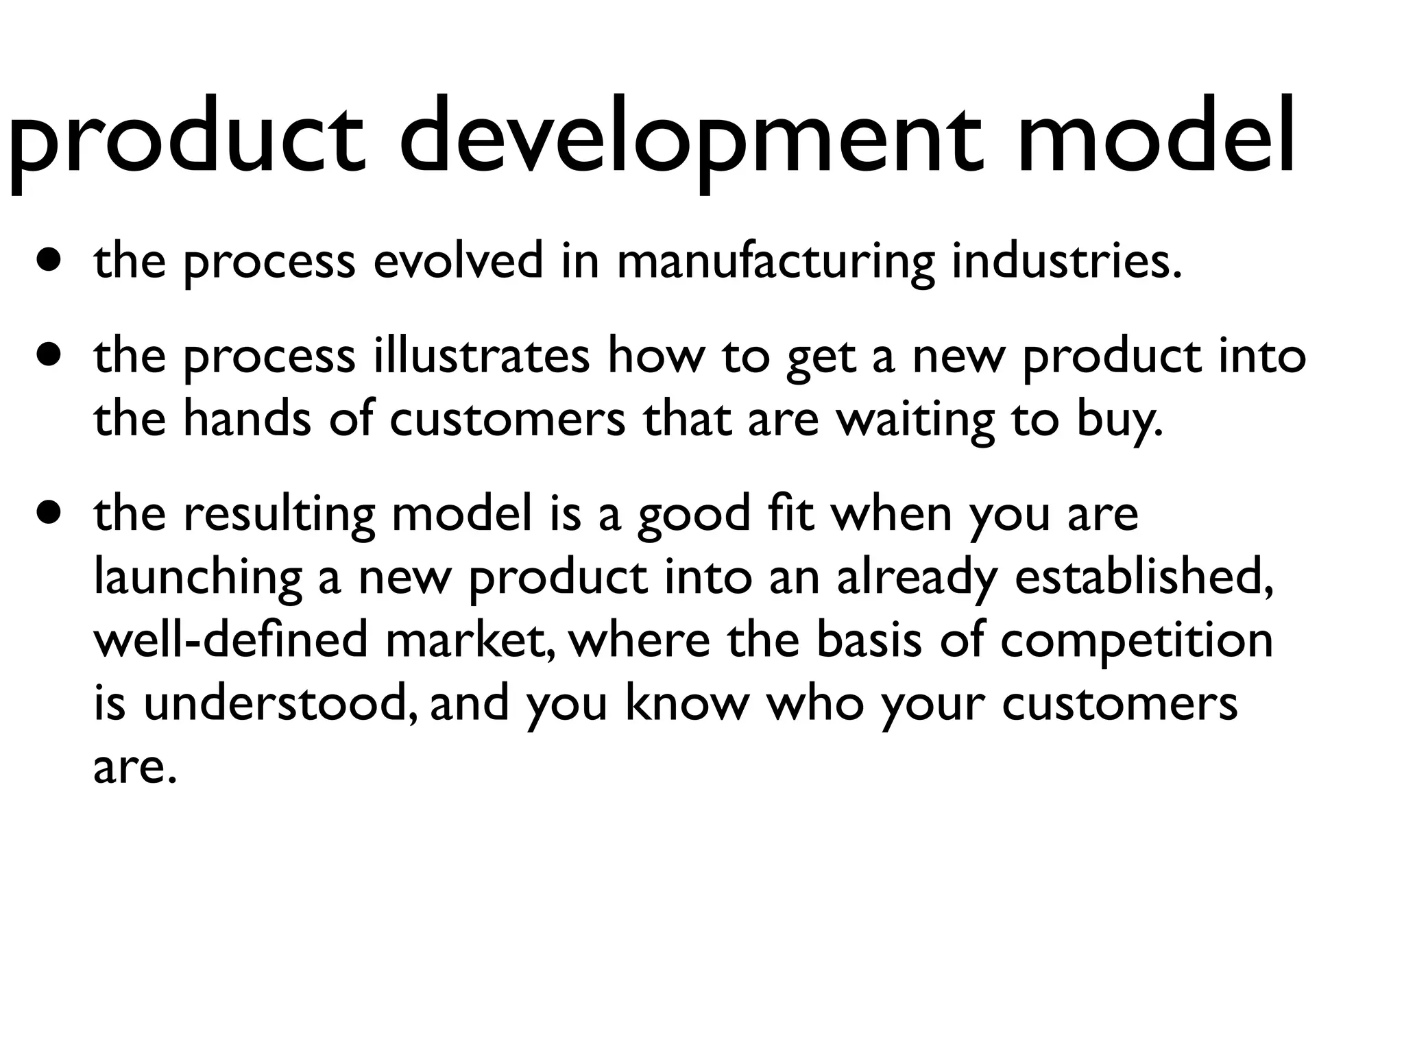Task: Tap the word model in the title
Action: (x=1154, y=137)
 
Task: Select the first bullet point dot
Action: (x=49, y=261)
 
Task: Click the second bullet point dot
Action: (x=49, y=356)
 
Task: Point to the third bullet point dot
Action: (x=49, y=513)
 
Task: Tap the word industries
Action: (x=1066, y=261)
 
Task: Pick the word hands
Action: (x=247, y=419)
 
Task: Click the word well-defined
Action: (x=230, y=640)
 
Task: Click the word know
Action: (x=686, y=703)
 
